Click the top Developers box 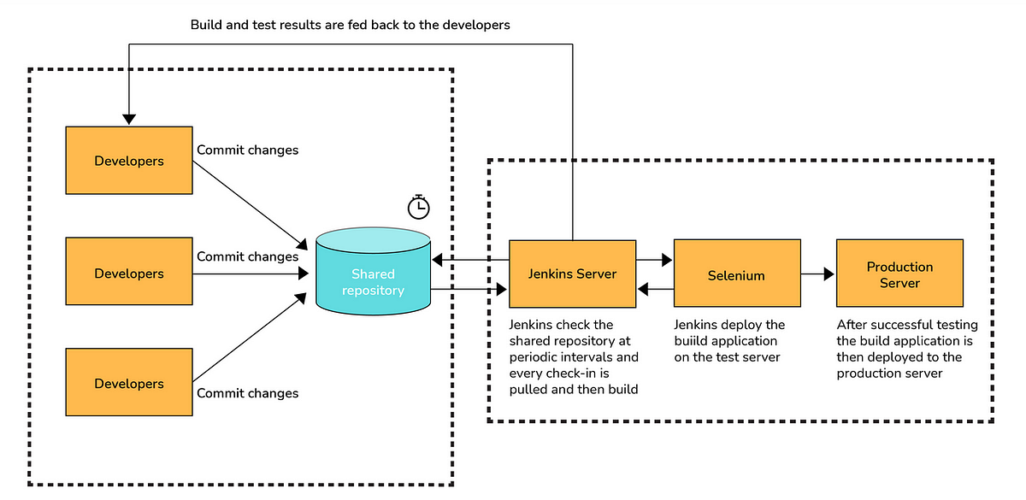coord(129,160)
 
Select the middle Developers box coord(129,274)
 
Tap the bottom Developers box coord(129,384)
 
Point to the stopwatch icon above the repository coord(418,207)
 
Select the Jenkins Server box coord(572,274)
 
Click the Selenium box coord(736,275)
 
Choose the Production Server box coord(899,274)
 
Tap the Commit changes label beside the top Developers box coord(248,150)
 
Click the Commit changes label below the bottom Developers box coord(248,393)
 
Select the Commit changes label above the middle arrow coord(248,256)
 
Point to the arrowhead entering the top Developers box coord(128,119)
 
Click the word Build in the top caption coord(208,25)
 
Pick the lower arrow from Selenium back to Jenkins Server coord(655,291)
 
